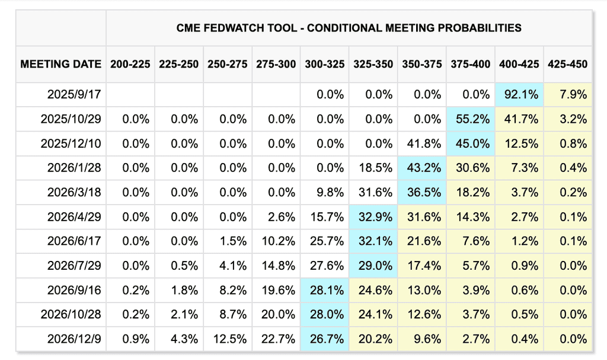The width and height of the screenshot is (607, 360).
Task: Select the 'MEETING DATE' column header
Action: coord(61,64)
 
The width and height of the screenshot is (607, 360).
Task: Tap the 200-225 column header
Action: coord(130,64)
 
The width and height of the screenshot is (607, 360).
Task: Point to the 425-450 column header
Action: coord(567,64)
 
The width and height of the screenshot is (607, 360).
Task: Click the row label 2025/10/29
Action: coord(71,119)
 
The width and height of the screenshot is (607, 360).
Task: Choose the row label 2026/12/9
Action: coord(74,339)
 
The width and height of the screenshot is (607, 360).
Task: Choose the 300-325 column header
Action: coord(324,64)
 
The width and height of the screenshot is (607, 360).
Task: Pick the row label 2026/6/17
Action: coord(74,241)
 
